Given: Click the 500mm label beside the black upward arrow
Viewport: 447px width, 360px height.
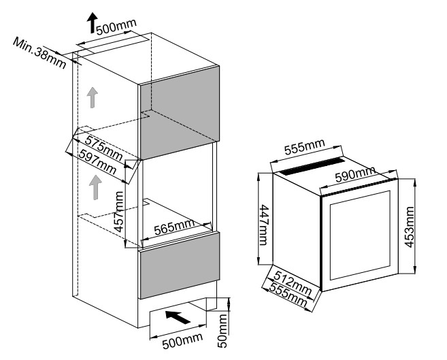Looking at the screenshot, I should [x=116, y=27].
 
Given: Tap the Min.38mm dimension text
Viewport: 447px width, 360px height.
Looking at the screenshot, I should [x=39, y=52].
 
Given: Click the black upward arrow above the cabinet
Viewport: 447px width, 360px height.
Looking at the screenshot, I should [x=90, y=24].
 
